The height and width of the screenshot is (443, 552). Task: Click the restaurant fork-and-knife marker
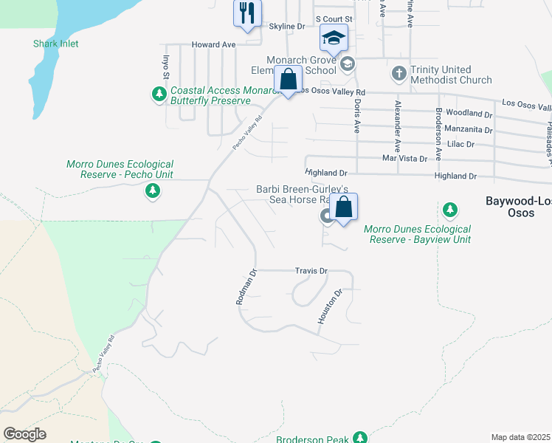[246, 13]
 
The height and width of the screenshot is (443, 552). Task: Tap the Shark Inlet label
[55, 44]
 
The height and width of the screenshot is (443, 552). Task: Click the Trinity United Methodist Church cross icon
[399, 73]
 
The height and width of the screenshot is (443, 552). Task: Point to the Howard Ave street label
[213, 44]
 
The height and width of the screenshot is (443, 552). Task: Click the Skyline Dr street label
[286, 27]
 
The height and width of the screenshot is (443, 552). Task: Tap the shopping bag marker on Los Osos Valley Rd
[288, 79]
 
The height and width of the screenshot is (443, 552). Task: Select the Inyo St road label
[165, 65]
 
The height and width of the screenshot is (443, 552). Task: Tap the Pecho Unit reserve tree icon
[153, 192]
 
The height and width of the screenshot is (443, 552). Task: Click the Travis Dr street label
[311, 271]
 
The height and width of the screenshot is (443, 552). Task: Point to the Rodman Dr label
[245, 287]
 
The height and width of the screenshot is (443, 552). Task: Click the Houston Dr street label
[331, 306]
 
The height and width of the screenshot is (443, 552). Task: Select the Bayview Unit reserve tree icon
[450, 211]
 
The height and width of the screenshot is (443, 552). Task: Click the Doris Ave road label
[357, 115]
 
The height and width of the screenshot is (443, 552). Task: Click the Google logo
[24, 434]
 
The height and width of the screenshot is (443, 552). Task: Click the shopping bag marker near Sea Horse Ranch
[343, 207]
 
